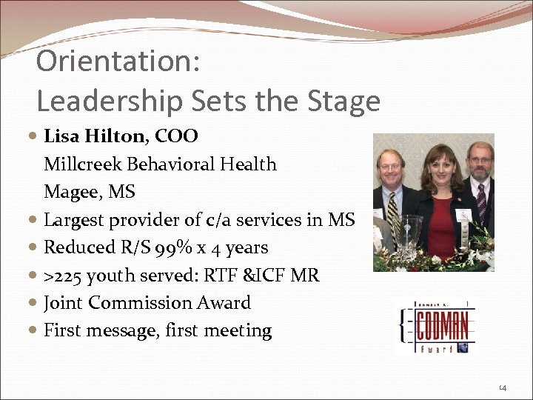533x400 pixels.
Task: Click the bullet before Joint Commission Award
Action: point(37,304)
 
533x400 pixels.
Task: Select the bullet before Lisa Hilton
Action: point(37,137)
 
